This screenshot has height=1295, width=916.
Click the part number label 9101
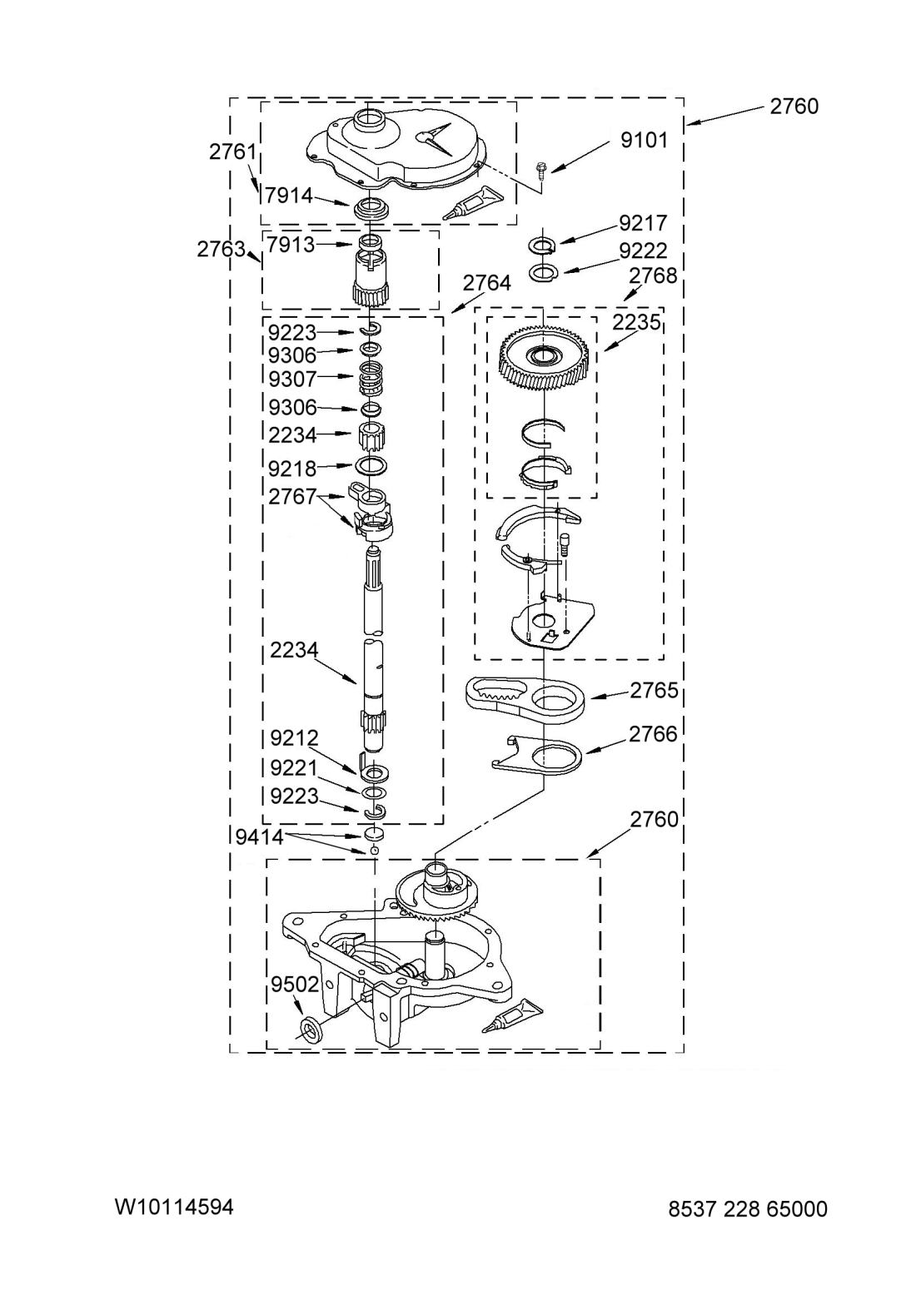[644, 140]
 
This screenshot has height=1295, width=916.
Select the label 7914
[289, 196]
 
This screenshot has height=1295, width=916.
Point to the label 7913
[291, 245]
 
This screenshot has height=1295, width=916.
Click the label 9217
[643, 222]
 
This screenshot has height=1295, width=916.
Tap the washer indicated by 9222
[543, 272]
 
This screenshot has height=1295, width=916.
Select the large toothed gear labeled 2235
[544, 360]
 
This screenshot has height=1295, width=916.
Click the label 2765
[654, 690]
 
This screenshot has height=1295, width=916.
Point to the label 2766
[653, 734]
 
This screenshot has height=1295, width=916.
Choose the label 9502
[294, 984]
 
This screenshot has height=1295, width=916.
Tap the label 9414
[259, 836]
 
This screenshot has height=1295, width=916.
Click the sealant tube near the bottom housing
[512, 1015]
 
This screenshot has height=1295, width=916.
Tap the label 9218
[292, 469]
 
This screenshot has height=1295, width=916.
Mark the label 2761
[232, 151]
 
